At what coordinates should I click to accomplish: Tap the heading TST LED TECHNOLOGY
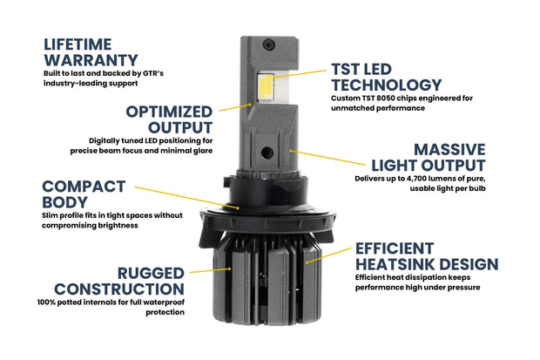pyautogui.click(x=386, y=77)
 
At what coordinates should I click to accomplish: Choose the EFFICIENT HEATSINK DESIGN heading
pyautogui.click(x=426, y=255)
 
